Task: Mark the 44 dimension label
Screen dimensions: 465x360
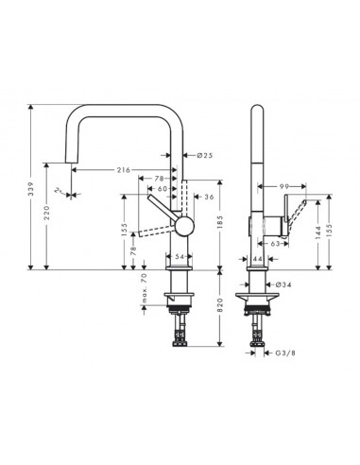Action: (x=258, y=258)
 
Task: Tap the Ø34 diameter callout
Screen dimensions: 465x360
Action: (x=283, y=284)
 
